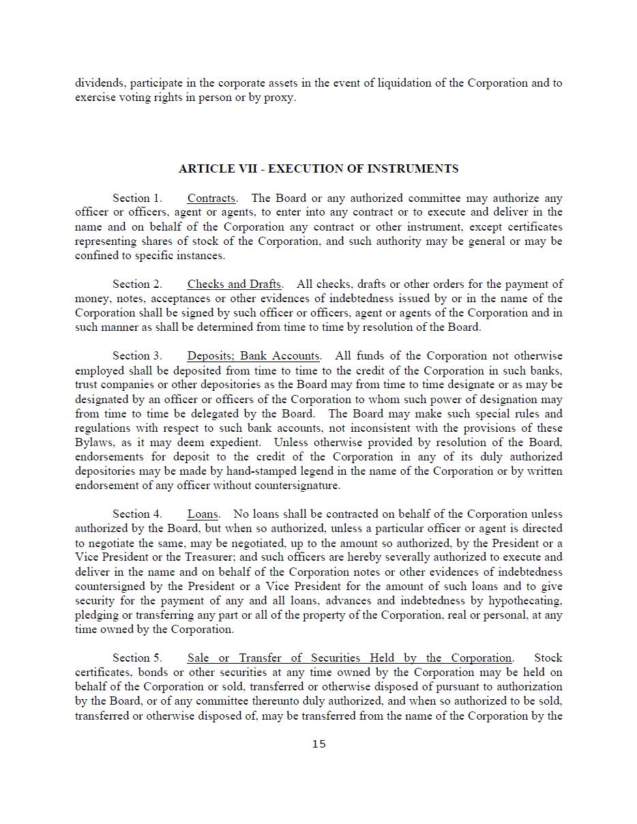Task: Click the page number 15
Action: coord(318,744)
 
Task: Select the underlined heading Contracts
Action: coord(211,198)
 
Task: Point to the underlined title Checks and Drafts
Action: coord(234,284)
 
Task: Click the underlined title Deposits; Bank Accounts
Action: coord(253,356)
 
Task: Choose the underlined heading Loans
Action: coord(203,514)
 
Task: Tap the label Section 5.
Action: coord(137,658)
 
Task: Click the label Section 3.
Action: coord(137,356)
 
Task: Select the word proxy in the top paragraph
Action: coord(280,98)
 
